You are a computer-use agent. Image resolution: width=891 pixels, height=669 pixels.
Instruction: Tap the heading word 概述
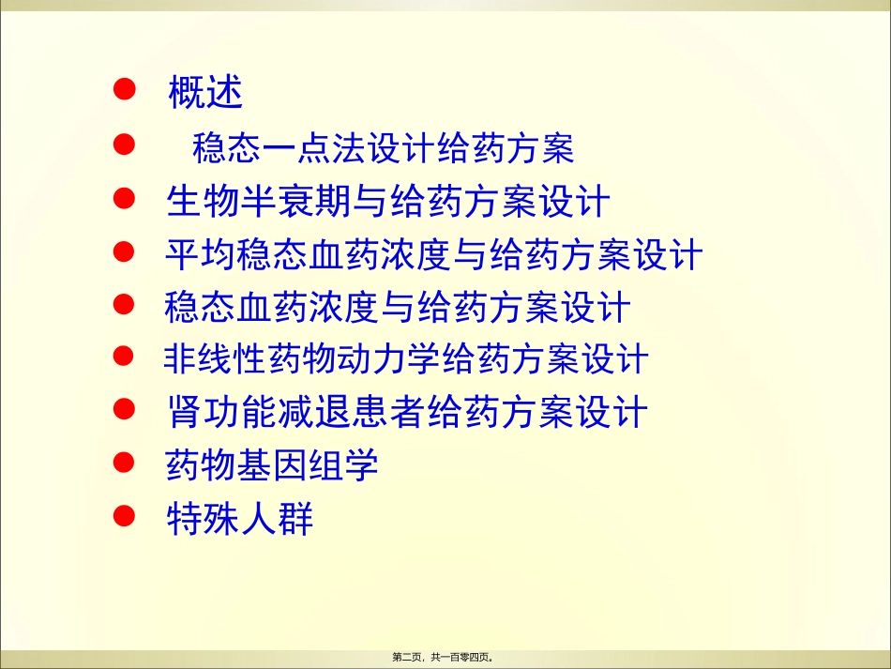[205, 93]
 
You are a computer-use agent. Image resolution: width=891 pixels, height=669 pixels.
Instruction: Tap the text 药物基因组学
[272, 465]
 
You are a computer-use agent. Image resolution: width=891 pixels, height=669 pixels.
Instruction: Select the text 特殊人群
[239, 519]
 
